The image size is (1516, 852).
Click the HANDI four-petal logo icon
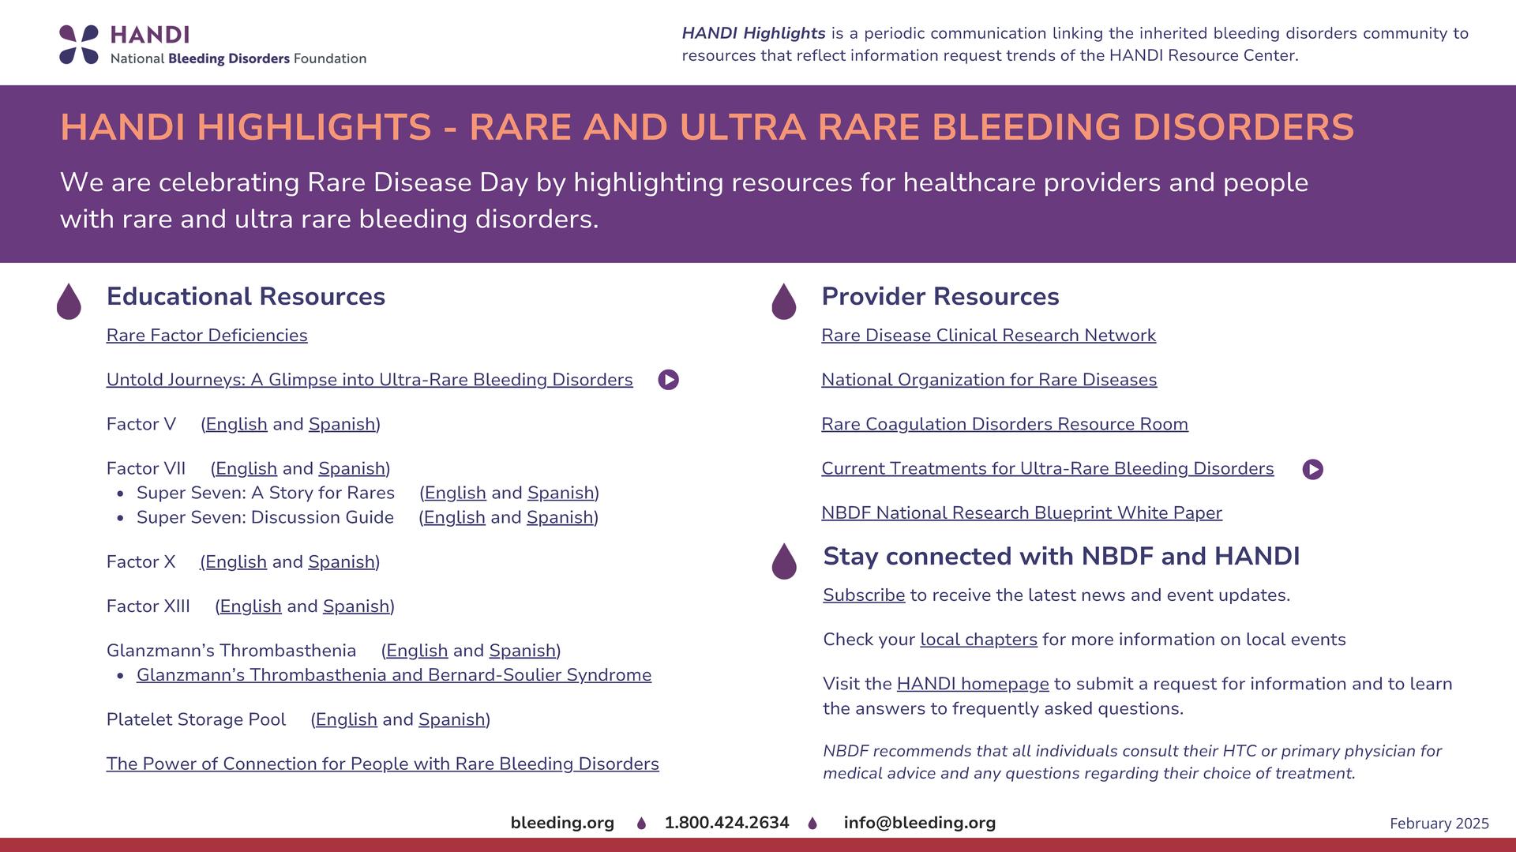click(79, 44)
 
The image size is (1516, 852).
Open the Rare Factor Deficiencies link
click(207, 336)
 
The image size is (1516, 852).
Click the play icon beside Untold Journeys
click(668, 380)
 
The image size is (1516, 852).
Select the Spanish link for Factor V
click(342, 424)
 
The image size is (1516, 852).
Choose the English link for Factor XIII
click(250, 606)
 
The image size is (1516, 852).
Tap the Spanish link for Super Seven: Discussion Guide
click(560, 517)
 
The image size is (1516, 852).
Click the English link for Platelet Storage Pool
click(346, 719)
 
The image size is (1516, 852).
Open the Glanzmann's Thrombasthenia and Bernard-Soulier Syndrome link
click(394, 675)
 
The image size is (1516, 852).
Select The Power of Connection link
click(383, 764)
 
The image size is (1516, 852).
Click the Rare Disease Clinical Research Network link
click(989, 336)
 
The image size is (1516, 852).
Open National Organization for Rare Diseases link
click(989, 380)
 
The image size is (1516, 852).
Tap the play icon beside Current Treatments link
click(1312, 469)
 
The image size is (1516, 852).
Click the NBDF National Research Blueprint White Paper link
click(1022, 513)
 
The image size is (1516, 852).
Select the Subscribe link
click(864, 595)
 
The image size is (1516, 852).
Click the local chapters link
click(978, 640)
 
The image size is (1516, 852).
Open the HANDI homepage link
click(973, 684)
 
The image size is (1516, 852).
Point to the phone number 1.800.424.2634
click(726, 823)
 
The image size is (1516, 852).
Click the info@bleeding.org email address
click(920, 823)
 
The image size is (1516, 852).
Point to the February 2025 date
click(1439, 824)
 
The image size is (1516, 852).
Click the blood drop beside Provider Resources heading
click(783, 301)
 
